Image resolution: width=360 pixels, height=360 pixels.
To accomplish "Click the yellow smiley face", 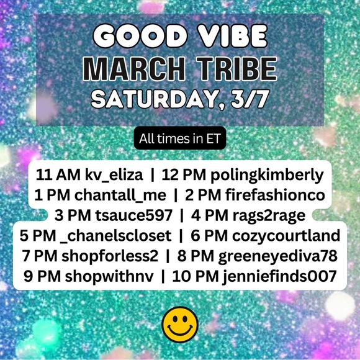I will coord(180,325).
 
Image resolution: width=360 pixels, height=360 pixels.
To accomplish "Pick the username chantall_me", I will coord(120,196).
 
